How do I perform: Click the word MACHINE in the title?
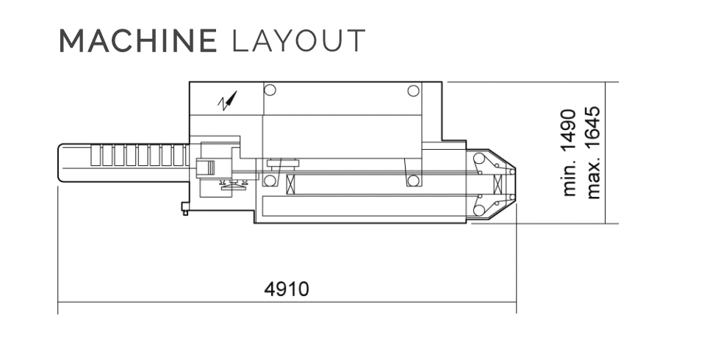pyautogui.click(x=138, y=40)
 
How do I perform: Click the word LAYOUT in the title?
pyautogui.click(x=298, y=40)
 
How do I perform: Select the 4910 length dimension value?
pyautogui.click(x=287, y=289)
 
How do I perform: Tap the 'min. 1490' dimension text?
pyautogui.click(x=570, y=152)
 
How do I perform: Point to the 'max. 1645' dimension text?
pyautogui.click(x=593, y=152)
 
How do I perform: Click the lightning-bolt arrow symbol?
pyautogui.click(x=227, y=101)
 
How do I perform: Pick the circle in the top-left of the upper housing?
pyautogui.click(x=270, y=90)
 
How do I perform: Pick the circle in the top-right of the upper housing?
pyautogui.click(x=413, y=90)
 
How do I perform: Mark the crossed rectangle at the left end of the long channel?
pyautogui.click(x=291, y=184)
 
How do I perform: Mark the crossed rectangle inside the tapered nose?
pyautogui.click(x=498, y=184)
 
